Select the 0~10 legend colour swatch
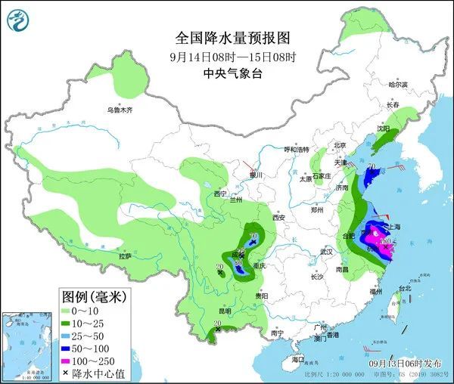click(x=72, y=311)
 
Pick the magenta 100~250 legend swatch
click(x=72, y=360)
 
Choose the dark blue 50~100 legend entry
click(x=72, y=348)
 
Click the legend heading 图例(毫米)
click(x=93, y=296)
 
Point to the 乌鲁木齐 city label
click(x=119, y=110)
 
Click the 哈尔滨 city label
click(x=398, y=84)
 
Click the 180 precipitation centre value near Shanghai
click(x=384, y=241)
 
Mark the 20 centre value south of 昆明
click(x=216, y=323)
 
